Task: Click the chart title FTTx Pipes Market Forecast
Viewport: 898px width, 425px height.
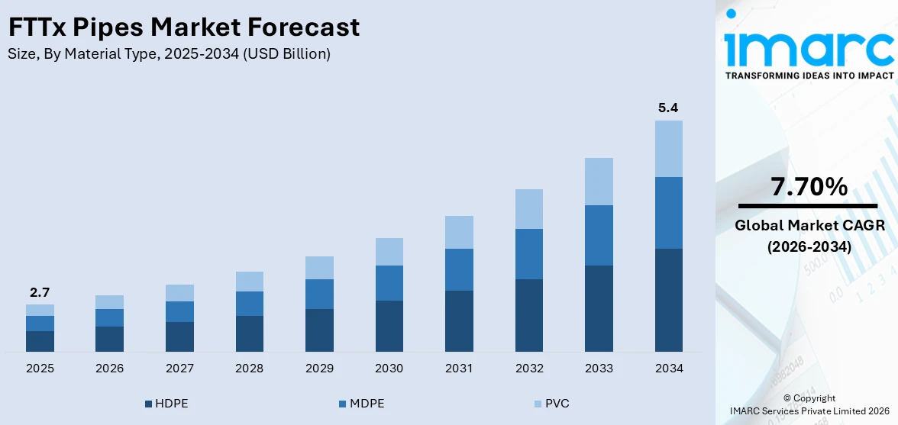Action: click(183, 27)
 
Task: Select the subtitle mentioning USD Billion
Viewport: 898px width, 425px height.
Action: click(169, 54)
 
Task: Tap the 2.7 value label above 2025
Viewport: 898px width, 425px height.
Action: click(40, 292)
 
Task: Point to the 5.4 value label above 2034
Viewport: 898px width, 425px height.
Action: click(668, 108)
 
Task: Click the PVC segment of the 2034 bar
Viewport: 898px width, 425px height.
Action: click(668, 149)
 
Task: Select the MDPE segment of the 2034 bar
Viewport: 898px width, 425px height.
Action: click(668, 213)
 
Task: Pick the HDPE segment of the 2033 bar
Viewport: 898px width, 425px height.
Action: click(599, 308)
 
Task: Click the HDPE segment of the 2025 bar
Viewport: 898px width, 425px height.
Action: click(40, 341)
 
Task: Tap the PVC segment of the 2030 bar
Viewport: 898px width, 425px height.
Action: click(389, 252)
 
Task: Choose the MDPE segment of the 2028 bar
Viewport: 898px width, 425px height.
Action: click(249, 304)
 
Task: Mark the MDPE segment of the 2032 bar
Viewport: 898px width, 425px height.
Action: click(528, 254)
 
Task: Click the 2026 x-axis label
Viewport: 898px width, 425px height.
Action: click(110, 369)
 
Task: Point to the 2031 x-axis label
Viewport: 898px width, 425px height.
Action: click(459, 369)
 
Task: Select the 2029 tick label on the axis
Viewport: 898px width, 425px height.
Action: click(319, 369)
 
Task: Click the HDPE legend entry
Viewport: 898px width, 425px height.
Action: click(166, 404)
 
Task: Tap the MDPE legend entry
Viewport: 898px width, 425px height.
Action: click(361, 404)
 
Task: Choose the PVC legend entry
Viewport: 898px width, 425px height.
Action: click(552, 404)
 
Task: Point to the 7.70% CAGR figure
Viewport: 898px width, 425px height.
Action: click(809, 187)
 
